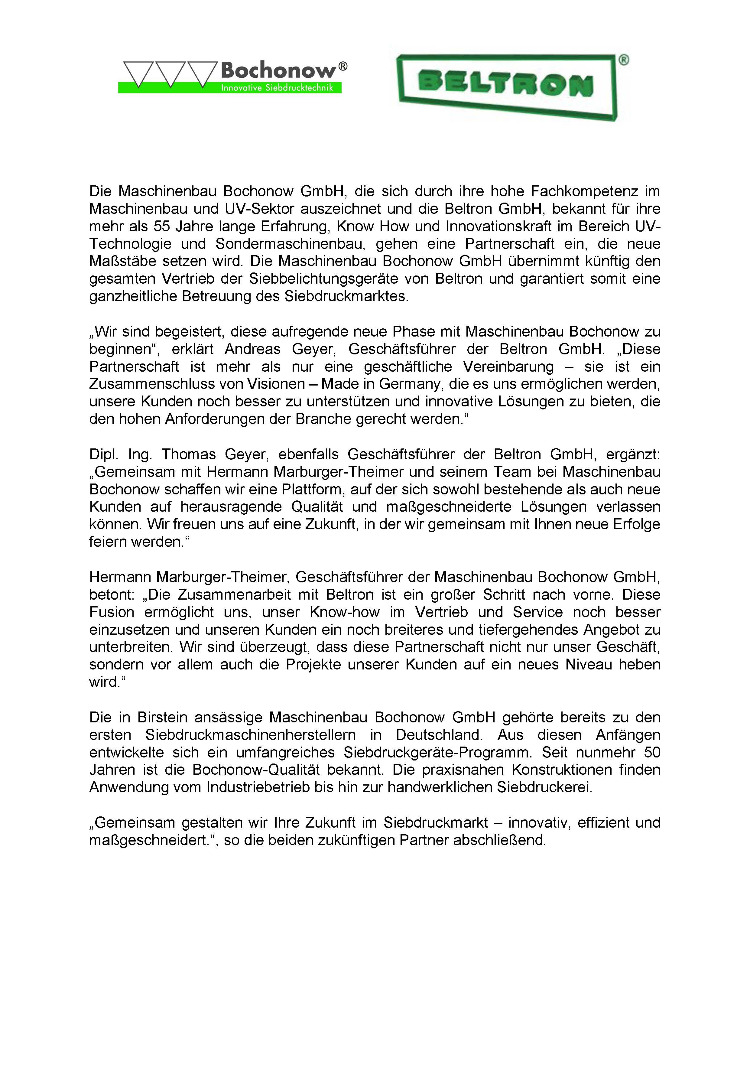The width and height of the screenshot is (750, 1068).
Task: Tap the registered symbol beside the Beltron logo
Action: pos(624,60)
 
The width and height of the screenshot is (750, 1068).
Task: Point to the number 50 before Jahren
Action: pos(652,752)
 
